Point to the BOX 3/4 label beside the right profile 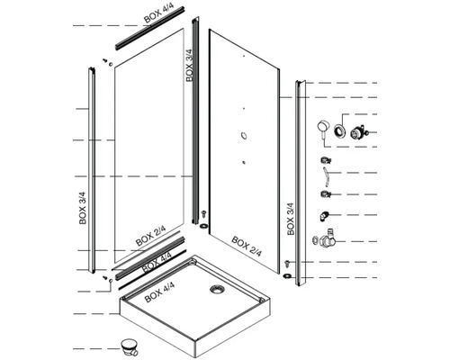pos(290,218)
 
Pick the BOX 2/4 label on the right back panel pos(247,243)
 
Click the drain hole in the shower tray pos(215,289)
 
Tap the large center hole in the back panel pos(243,135)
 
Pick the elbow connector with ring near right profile pos(323,241)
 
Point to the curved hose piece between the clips pos(326,176)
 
